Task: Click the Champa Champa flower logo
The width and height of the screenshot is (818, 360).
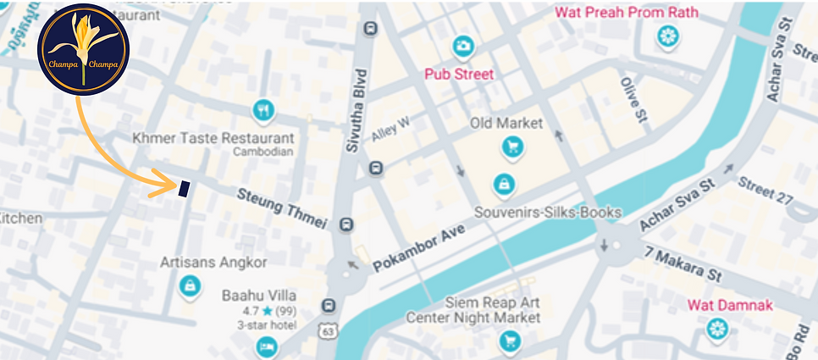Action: [x=83, y=49]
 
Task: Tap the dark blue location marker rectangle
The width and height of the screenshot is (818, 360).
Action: [x=183, y=189]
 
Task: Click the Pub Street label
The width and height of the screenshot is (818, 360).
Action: [x=460, y=74]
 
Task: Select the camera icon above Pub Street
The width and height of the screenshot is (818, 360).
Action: [x=462, y=45]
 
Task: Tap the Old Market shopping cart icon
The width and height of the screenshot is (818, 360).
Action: [x=511, y=147]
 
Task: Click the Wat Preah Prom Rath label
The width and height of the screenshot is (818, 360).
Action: [x=626, y=13]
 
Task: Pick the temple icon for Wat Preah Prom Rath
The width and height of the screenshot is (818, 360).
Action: [x=669, y=36]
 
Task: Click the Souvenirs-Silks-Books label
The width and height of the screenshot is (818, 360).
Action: [x=548, y=212]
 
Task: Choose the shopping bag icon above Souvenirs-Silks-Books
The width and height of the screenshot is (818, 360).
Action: [x=504, y=183]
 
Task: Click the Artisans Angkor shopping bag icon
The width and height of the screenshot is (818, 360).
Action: [x=191, y=285]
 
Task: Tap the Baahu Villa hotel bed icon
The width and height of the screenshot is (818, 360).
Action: [x=267, y=346]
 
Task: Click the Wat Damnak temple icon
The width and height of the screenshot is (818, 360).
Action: [x=718, y=328]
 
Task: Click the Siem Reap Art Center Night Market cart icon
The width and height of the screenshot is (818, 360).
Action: [x=509, y=341]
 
